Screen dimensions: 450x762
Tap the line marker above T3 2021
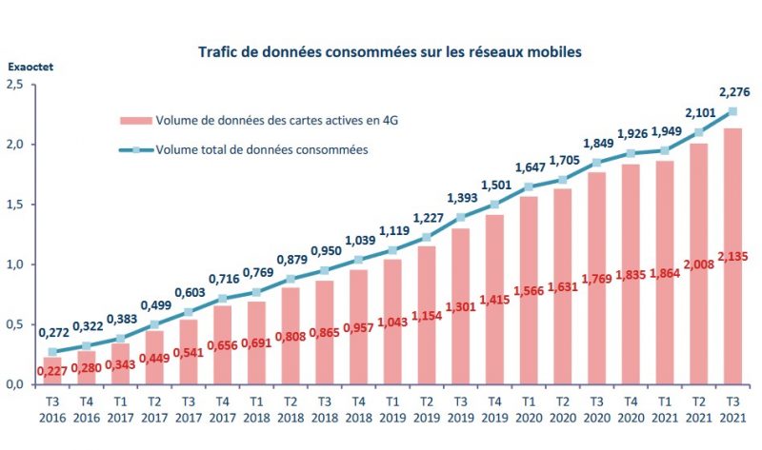click(x=732, y=110)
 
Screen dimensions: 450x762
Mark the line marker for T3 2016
click(x=52, y=351)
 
